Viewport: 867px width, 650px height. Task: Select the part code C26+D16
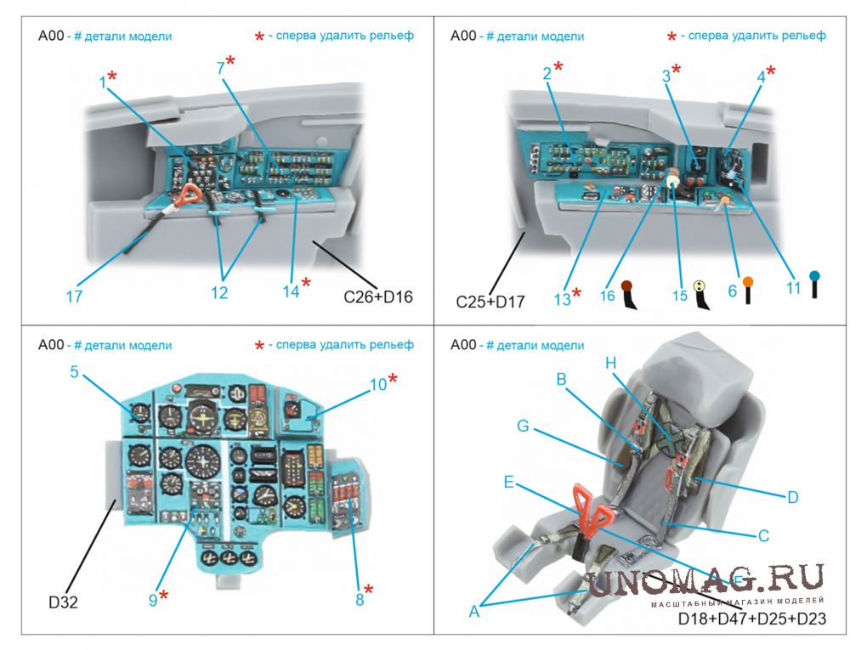[378, 297]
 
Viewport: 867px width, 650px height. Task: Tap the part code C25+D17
[490, 301]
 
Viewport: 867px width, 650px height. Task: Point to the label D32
[65, 602]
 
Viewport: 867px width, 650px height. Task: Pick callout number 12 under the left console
[219, 293]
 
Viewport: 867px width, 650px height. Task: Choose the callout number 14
[292, 291]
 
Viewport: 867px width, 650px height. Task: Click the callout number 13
[562, 298]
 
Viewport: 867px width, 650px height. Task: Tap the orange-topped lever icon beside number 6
[748, 289]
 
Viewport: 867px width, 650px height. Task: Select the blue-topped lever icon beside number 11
[814, 284]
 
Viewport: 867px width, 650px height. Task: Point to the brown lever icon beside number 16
[629, 293]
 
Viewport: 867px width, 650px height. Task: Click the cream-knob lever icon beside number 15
[700, 293]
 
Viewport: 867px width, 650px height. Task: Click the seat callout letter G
[523, 424]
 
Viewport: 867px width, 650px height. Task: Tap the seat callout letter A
[473, 609]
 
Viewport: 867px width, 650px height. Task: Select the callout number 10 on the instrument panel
[377, 384]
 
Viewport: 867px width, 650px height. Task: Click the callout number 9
[153, 599]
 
